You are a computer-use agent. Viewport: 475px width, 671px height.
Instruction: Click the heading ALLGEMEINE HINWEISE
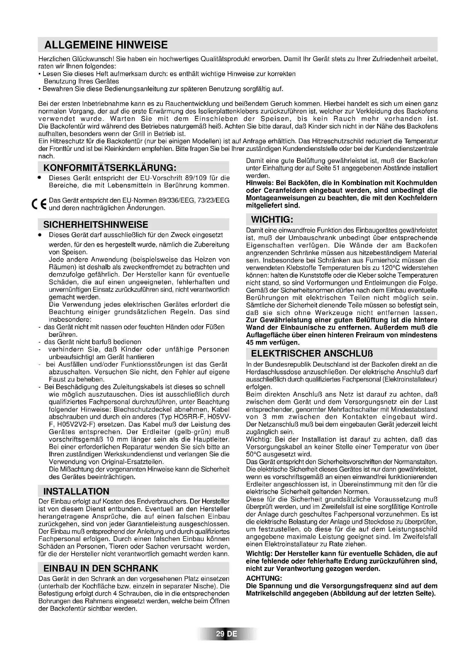tap(106, 45)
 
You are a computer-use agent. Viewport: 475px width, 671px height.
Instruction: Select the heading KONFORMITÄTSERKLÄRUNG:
tap(110, 168)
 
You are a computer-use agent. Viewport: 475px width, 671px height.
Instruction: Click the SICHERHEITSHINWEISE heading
tap(96, 224)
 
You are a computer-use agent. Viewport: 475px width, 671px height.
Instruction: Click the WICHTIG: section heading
tap(272, 219)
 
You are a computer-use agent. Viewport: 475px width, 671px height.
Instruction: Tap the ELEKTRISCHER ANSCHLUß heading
tap(312, 354)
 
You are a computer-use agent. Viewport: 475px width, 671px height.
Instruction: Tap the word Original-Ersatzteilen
tap(132, 462)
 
